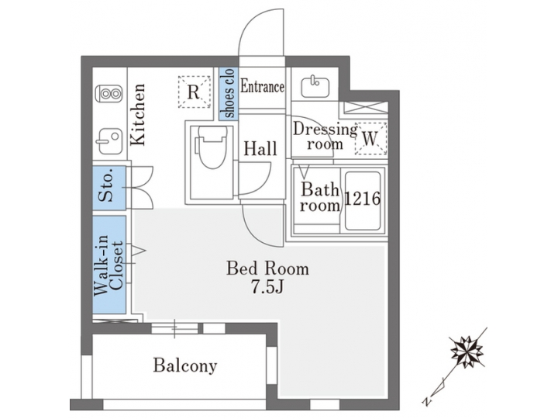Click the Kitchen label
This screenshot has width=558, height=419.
[x=138, y=115]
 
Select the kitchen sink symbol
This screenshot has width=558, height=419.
[x=109, y=142]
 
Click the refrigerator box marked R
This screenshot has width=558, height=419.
[x=195, y=92]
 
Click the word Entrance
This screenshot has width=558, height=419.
[x=262, y=87]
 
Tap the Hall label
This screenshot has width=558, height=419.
[x=257, y=149]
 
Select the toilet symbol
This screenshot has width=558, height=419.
[x=209, y=156]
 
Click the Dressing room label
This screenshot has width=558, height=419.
[x=325, y=136]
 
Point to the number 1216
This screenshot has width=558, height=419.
[x=362, y=199]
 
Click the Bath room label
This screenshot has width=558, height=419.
[x=321, y=197]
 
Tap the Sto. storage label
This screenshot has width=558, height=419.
[x=109, y=186]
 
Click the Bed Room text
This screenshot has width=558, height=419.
[x=267, y=269]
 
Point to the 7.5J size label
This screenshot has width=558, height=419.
[x=267, y=288]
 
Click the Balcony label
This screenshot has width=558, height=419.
[x=184, y=365]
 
